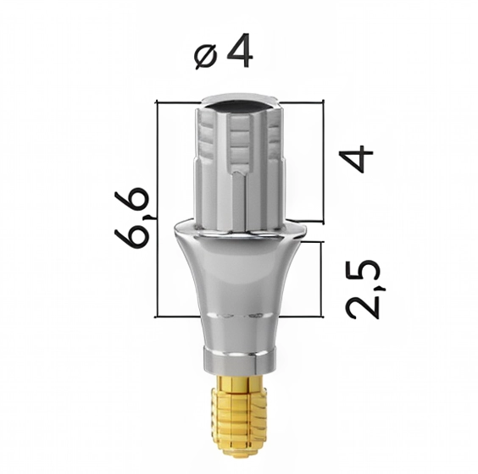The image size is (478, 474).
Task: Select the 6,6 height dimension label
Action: (x=134, y=217)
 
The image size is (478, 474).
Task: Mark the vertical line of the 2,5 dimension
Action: (x=322, y=279)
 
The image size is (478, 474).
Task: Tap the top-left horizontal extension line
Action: (x=178, y=103)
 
